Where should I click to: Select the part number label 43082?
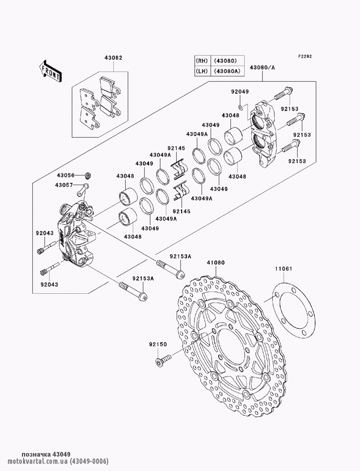[113, 58]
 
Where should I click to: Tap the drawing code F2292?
[305, 56]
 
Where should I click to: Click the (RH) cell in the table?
[202, 60]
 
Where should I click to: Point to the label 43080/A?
[262, 67]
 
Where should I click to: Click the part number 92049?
[240, 92]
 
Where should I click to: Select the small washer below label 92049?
[240, 107]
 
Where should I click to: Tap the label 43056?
[66, 175]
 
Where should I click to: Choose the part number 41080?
[215, 263]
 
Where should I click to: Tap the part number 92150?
[158, 344]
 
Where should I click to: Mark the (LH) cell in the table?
[202, 71]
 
